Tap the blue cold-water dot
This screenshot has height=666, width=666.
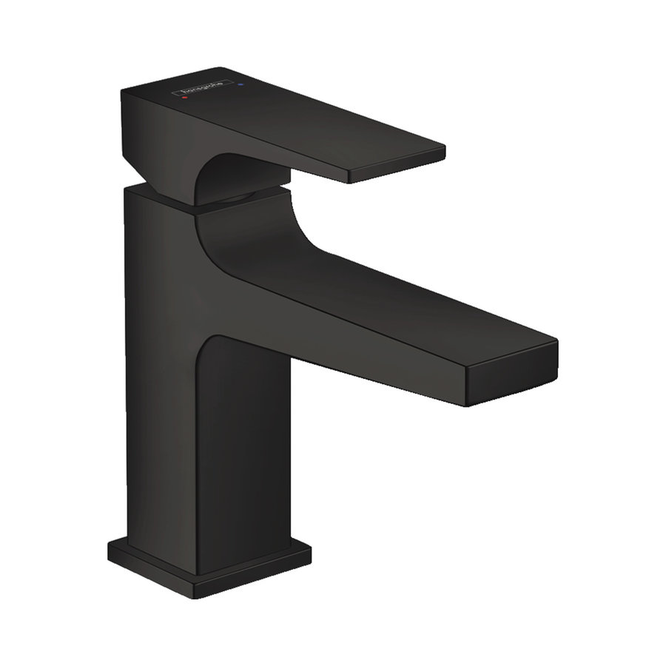(x=240, y=87)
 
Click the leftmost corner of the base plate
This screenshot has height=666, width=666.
(x=108, y=549)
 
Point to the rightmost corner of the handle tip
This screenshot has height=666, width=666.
(x=445, y=152)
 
